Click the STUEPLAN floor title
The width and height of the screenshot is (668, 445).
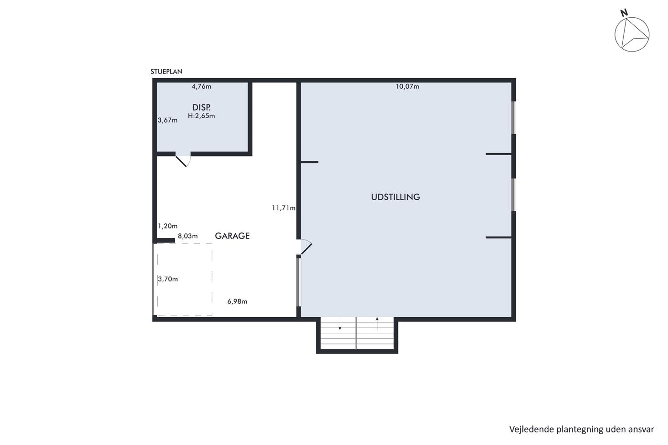tap(167, 72)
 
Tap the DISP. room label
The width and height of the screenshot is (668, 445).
tap(201, 107)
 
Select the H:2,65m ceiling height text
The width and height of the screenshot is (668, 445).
tap(201, 116)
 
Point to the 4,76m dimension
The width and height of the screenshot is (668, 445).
tap(201, 86)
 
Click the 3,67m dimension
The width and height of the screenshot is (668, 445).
tap(167, 120)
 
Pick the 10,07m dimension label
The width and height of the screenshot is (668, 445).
tap(407, 86)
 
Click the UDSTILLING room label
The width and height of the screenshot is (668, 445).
tap(396, 197)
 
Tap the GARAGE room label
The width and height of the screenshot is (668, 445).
tap(232, 236)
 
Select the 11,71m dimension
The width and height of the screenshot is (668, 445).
tap(283, 208)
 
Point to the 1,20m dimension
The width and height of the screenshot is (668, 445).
tap(167, 226)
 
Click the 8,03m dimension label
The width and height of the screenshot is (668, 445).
tap(188, 236)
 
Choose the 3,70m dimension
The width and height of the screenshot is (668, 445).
tap(168, 279)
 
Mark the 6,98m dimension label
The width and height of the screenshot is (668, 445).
tap(238, 301)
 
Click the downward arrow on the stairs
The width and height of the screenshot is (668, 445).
tap(340, 323)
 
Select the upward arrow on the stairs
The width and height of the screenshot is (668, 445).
tap(377, 323)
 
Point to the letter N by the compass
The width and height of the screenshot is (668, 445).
tap(624, 13)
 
